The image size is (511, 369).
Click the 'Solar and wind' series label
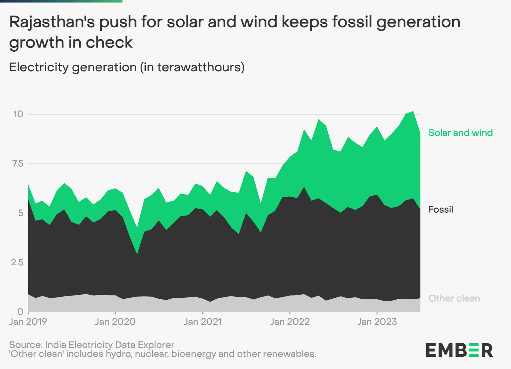460,133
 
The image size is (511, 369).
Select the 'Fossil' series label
441,210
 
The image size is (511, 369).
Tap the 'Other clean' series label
454,298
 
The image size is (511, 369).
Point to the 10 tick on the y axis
18,114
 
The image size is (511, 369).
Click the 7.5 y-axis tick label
18,164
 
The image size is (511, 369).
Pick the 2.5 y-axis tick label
17,262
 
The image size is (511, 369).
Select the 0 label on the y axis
20,312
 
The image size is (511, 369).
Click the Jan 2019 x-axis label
28,322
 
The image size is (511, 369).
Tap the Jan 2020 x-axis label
115,322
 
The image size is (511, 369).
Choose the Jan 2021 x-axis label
203,322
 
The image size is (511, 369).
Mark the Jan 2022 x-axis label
290,322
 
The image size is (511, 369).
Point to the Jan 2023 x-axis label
377,322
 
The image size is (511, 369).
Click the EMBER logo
459,350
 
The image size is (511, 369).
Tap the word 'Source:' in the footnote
26,345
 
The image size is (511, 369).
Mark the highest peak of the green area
413,111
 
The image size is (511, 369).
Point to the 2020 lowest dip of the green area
137,227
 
